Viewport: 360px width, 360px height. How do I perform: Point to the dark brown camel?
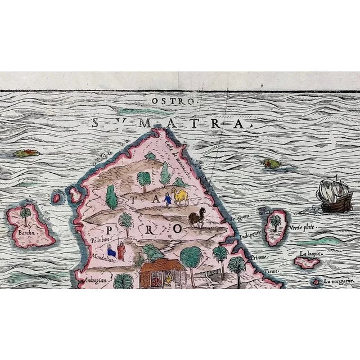point(196,218)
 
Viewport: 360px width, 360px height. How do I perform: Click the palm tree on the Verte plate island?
point(276,222)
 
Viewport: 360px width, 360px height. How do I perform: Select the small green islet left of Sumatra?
point(26,152)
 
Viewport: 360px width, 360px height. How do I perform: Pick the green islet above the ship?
point(272,164)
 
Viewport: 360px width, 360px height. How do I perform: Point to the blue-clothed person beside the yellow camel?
point(166,199)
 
